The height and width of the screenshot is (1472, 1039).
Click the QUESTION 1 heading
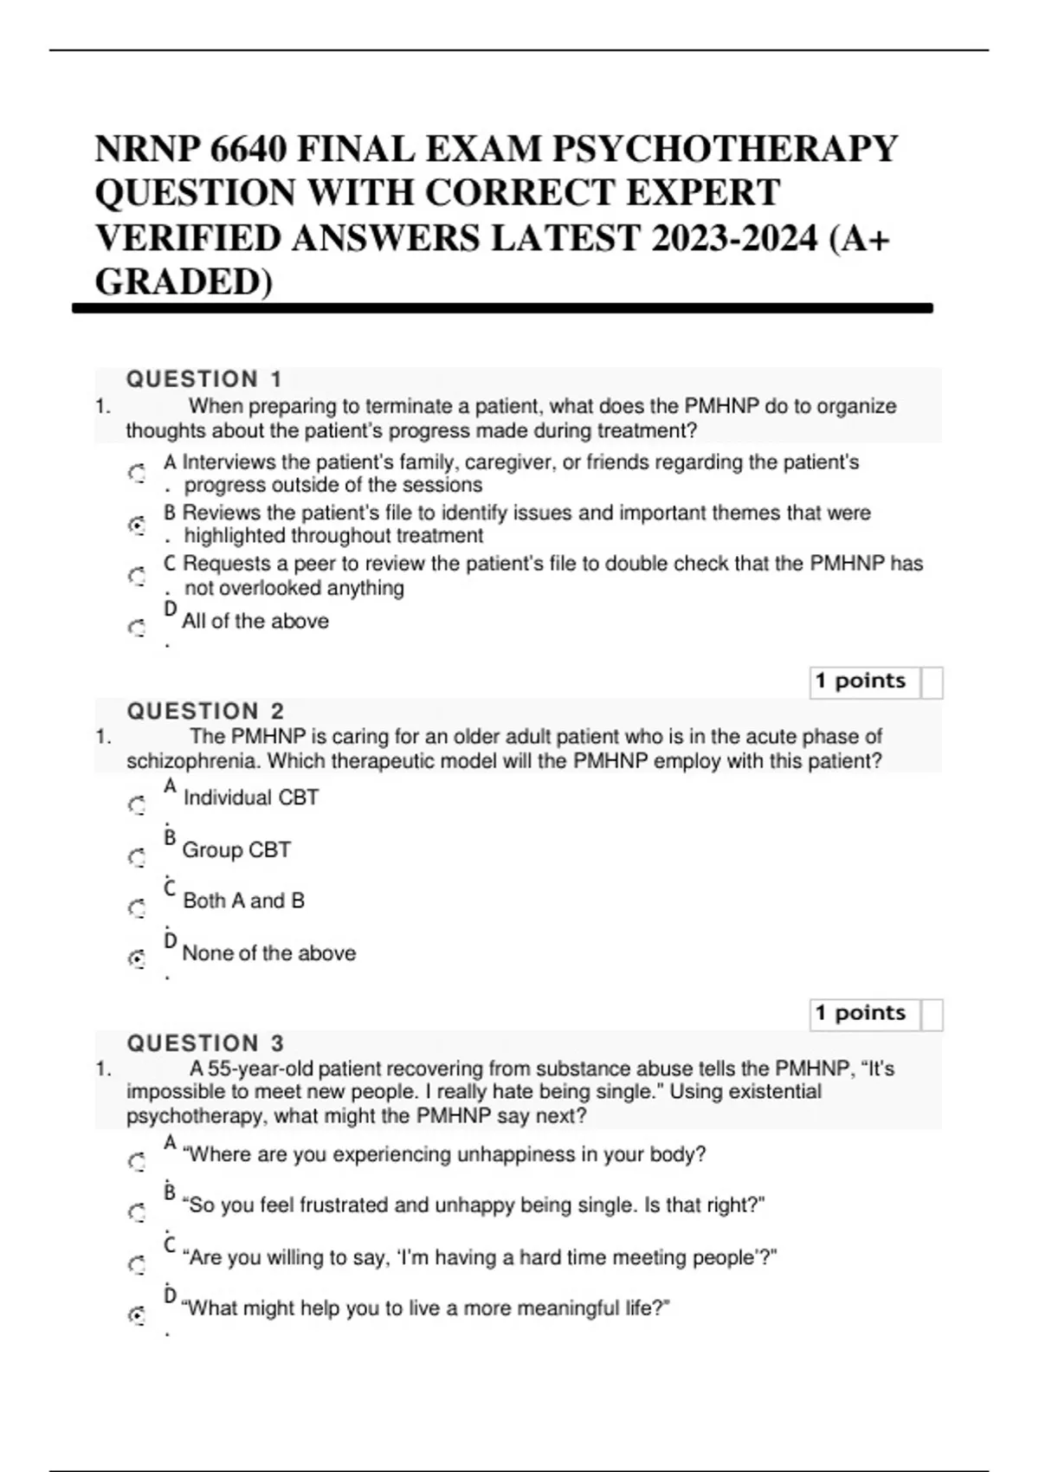click(204, 379)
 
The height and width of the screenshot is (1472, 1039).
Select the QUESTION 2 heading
click(205, 711)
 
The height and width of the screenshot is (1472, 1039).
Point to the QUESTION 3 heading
click(205, 1043)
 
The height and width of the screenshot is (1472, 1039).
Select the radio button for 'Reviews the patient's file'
click(137, 525)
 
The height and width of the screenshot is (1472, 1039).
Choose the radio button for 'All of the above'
click(137, 627)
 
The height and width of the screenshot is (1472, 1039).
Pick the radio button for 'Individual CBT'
click(137, 805)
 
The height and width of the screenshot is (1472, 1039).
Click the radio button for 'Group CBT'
click(137, 857)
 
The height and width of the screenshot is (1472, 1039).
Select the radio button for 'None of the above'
click(137, 959)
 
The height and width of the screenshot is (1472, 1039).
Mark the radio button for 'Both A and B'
click(137, 907)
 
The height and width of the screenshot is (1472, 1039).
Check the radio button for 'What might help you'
click(137, 1315)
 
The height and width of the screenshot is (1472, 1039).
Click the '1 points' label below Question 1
click(860, 681)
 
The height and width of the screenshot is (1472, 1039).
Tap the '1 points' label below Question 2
click(860, 1013)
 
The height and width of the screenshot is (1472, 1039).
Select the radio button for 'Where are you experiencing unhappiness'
click(137, 1161)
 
